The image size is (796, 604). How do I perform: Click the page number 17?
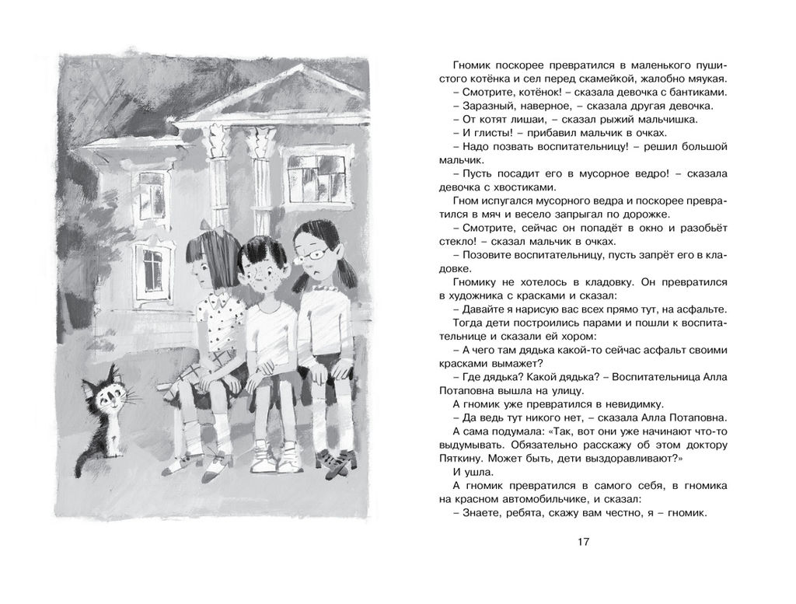(x=585, y=542)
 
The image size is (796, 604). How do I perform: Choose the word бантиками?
(x=680, y=92)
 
